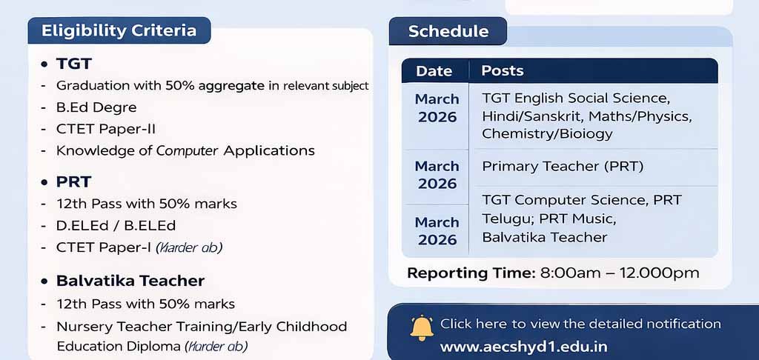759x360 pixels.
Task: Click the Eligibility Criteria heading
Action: click(119, 30)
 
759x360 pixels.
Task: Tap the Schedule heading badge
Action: click(448, 31)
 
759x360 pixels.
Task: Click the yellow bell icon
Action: click(421, 327)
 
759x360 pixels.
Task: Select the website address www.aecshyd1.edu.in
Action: click(523, 347)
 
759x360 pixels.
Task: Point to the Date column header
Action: click(434, 71)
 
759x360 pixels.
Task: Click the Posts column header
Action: click(503, 71)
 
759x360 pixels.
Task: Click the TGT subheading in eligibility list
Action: click(74, 64)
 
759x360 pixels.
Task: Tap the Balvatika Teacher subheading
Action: click(130, 281)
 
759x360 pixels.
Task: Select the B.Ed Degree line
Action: click(96, 107)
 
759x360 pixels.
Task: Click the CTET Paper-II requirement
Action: click(106, 128)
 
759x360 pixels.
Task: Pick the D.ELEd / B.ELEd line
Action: click(116, 225)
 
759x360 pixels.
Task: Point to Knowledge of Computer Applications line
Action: click(185, 150)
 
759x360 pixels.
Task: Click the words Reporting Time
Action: click(471, 273)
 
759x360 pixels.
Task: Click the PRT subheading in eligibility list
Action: click(73, 181)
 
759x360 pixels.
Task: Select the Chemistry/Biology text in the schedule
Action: click(547, 134)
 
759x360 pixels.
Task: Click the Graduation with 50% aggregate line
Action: click(212, 85)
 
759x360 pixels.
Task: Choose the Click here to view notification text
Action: click(580, 324)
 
